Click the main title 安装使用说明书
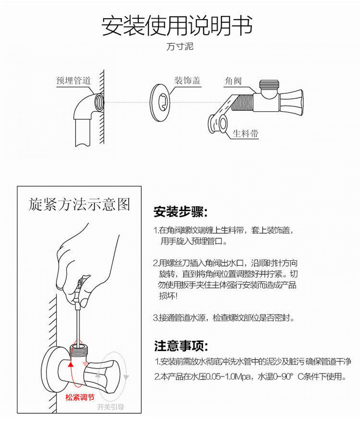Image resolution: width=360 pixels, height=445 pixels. (x=177, y=26)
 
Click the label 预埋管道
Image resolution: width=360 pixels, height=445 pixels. (x=73, y=81)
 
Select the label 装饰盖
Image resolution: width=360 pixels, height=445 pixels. (x=187, y=80)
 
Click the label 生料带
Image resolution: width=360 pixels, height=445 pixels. (x=245, y=133)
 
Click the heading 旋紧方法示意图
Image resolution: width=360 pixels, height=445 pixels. (x=79, y=204)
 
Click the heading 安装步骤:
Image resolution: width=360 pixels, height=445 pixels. (x=180, y=211)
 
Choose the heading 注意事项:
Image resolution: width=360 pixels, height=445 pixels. (x=181, y=345)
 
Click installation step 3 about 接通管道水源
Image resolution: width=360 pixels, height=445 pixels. (x=224, y=318)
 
